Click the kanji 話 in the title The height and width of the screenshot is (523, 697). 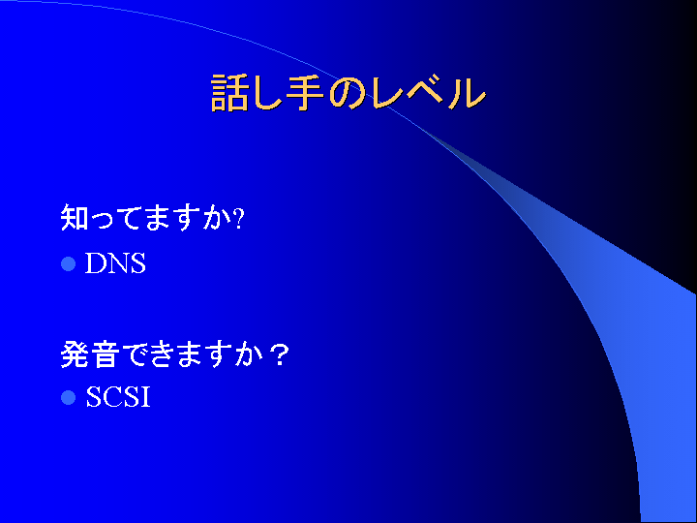pos(228,93)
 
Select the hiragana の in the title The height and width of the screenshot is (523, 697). pos(348,93)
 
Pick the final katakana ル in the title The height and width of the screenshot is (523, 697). pos(467,93)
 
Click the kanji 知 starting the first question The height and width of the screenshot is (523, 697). pos(75,217)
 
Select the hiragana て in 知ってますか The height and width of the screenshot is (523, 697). pos(132,218)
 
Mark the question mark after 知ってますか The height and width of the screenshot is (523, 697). pos(239,219)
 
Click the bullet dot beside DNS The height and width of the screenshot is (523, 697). pos(68,263)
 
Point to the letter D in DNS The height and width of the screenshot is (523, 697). pos(95,262)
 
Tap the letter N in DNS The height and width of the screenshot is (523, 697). pos(119,262)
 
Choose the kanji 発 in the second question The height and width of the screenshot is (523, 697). pos(75,354)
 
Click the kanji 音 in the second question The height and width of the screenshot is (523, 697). pos(104,354)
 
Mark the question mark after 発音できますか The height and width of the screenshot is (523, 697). pos(279,354)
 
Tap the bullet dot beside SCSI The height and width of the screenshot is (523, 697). pos(68,397)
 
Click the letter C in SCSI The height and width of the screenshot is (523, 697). pos(110,397)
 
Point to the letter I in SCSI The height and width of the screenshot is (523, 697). pos(145,397)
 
